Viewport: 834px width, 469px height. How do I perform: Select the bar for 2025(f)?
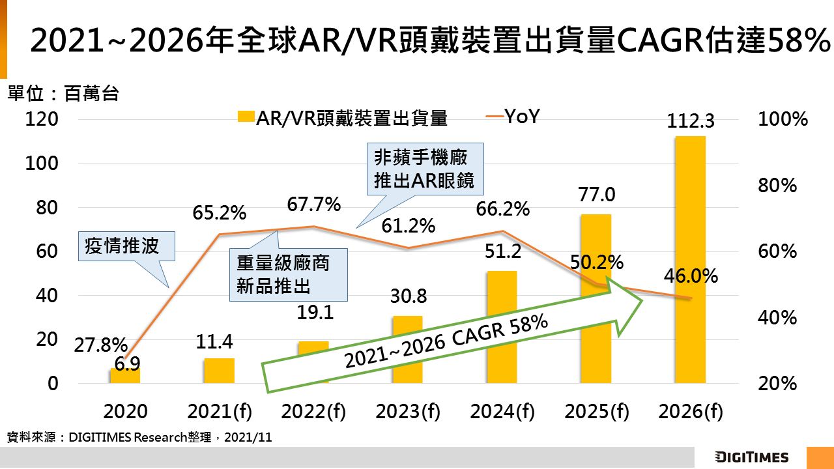pos(596,248)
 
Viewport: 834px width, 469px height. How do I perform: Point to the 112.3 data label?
pos(691,121)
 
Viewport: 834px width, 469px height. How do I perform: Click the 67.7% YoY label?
pos(314,205)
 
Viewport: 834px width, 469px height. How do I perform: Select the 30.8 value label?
pos(409,296)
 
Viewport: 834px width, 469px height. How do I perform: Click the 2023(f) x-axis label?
pos(408,412)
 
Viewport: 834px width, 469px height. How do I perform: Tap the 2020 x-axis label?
pos(125,412)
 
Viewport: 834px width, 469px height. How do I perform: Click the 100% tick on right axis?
pos(783,119)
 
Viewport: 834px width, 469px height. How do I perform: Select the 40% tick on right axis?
pos(778,318)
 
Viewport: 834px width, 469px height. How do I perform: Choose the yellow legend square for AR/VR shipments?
pos(245,117)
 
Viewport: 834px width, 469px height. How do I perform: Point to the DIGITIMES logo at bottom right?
pos(751,457)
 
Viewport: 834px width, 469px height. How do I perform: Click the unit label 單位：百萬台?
pos(63,94)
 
